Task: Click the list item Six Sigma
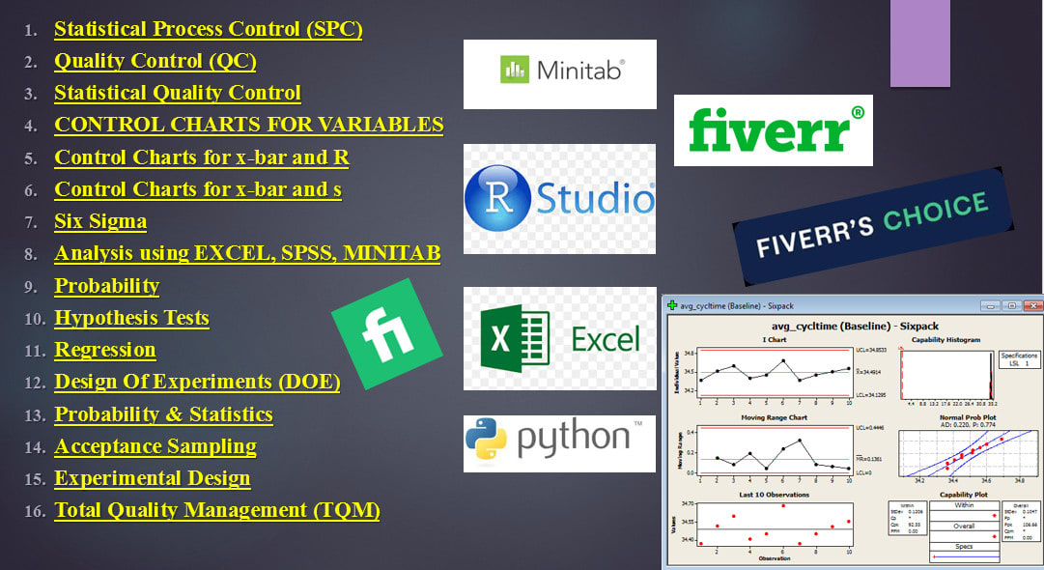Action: pos(100,221)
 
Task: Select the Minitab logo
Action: pos(560,73)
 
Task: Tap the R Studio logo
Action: pos(560,198)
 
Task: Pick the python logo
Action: pos(560,442)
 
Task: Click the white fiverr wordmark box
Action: pos(773,129)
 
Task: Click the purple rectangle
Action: pos(919,43)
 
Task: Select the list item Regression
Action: pos(104,350)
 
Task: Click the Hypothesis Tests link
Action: pos(131,318)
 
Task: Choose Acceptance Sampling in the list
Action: pos(155,446)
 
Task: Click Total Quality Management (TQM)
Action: pos(216,510)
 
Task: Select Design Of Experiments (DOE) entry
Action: pos(197,382)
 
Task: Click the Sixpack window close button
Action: pos(1030,305)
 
